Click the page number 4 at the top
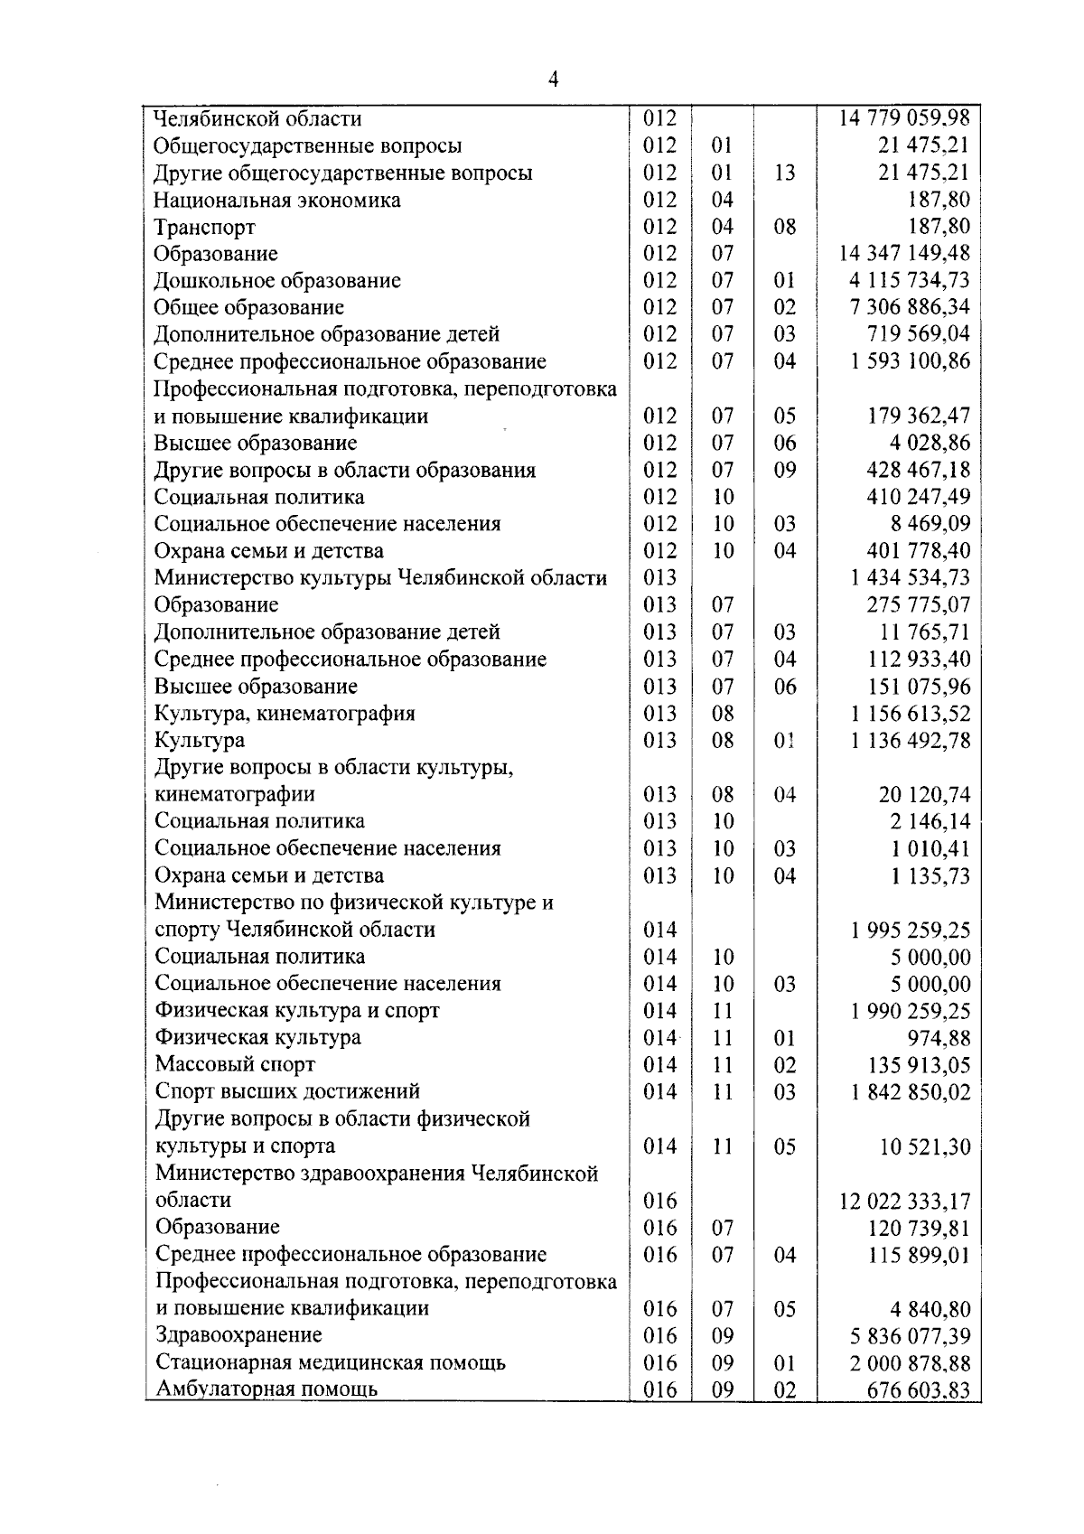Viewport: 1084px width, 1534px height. (x=553, y=80)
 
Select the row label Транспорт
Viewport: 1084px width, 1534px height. (x=204, y=227)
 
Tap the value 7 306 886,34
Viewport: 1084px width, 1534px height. (x=910, y=307)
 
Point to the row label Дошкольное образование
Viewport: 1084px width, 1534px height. (x=276, y=281)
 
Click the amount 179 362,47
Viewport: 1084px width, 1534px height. (x=918, y=416)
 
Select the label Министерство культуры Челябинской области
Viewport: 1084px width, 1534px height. (x=380, y=578)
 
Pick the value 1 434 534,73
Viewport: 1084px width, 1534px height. (x=910, y=578)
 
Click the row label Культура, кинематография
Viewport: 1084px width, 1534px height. (x=285, y=714)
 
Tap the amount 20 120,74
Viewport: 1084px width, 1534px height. (x=924, y=795)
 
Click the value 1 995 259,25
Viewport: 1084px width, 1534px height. (x=910, y=931)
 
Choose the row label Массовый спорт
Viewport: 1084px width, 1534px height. (x=235, y=1065)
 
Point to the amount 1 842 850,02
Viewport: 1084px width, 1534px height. (x=910, y=1092)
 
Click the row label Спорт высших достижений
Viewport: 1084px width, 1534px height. (x=287, y=1092)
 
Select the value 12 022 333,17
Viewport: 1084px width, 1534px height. (x=904, y=1202)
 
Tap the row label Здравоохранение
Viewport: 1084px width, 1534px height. (x=238, y=1335)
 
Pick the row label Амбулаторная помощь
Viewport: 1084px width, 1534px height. (x=266, y=1389)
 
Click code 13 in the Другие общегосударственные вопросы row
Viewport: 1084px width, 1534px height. (x=784, y=173)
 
